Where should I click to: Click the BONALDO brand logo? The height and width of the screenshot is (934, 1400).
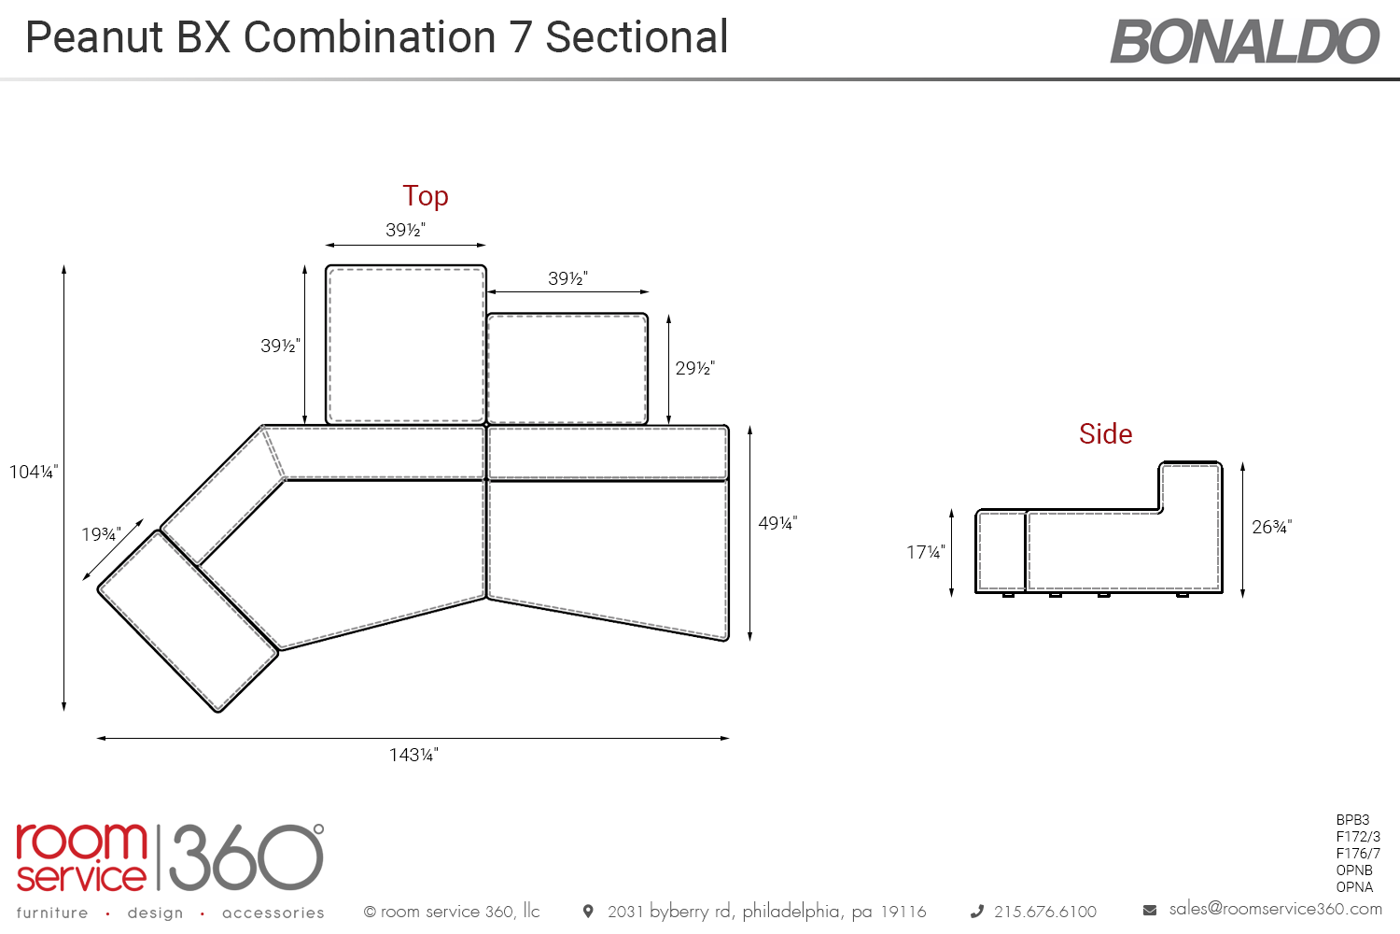click(1244, 41)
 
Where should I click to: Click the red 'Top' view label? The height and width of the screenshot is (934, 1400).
click(426, 196)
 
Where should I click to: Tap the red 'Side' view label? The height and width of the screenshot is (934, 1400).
click(1106, 433)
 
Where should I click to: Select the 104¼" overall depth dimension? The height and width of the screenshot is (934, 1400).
click(33, 472)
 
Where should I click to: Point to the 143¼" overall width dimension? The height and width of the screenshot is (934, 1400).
click(413, 755)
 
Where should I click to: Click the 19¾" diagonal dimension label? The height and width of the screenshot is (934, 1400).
click(101, 534)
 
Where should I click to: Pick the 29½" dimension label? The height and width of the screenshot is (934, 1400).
click(695, 368)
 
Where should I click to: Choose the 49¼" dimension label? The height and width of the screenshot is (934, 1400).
click(777, 523)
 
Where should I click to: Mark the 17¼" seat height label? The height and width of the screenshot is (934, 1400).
click(926, 552)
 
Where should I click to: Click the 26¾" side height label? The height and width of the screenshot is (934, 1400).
click(1272, 527)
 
